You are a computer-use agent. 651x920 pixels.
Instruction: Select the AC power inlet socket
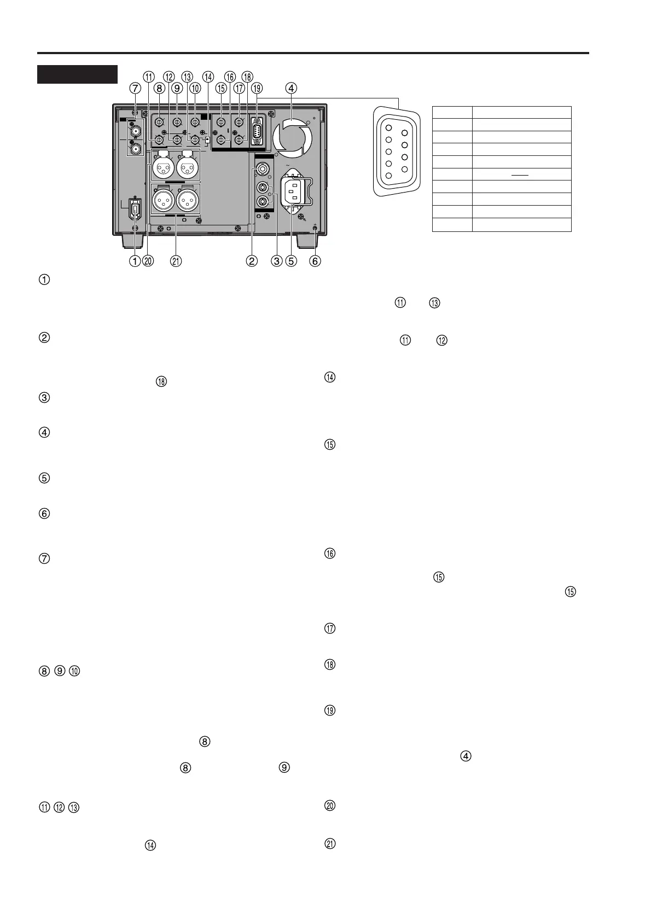[x=292, y=191]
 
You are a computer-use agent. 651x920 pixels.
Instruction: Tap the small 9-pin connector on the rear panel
[x=255, y=131]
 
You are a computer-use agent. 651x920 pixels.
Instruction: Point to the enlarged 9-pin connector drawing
[x=397, y=150]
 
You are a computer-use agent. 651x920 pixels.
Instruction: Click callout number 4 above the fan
[x=292, y=87]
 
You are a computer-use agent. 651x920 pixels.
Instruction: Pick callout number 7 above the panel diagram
[x=135, y=87]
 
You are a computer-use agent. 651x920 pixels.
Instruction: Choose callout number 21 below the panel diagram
[x=176, y=261]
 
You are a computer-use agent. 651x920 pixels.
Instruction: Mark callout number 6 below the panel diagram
[x=315, y=261]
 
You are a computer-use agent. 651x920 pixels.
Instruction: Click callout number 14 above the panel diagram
[x=208, y=77]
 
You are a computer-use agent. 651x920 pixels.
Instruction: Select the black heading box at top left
[x=77, y=74]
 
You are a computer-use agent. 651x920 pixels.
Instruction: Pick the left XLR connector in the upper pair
[x=162, y=168]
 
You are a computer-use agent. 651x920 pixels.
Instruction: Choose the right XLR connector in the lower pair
[x=188, y=201]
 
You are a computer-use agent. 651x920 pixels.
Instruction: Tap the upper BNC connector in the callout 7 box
[x=135, y=131]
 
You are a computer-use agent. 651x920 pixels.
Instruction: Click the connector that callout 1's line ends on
[x=135, y=210]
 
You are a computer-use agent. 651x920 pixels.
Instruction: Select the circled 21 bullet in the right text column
[x=330, y=843]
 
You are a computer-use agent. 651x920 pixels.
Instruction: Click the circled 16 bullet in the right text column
[x=330, y=554]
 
